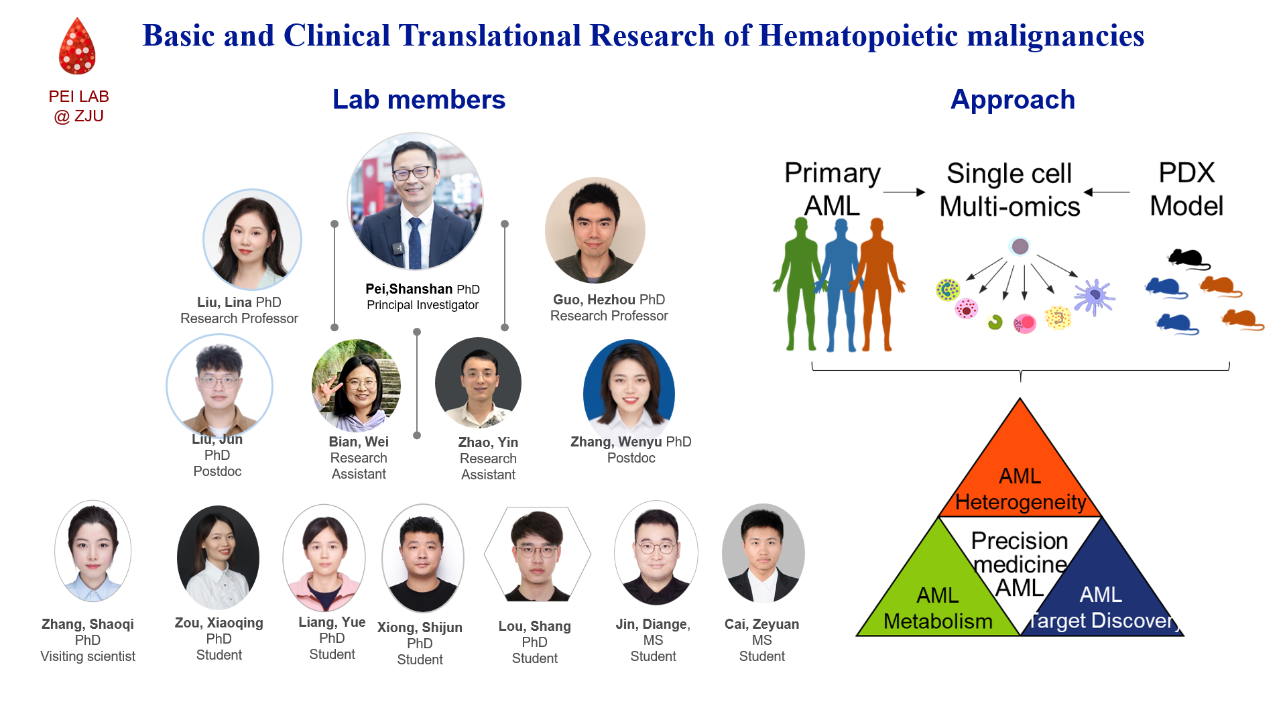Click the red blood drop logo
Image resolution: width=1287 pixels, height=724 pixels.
(x=77, y=46)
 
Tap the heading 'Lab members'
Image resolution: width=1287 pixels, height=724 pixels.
(x=419, y=100)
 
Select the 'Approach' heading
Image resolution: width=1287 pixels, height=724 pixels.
(x=1013, y=100)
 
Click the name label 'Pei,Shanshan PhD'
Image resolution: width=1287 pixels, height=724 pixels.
(x=422, y=289)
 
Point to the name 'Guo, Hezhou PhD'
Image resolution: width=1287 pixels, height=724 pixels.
(x=609, y=300)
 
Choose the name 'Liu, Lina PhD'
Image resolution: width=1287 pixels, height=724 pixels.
(x=239, y=302)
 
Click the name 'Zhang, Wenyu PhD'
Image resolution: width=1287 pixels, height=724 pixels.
(x=631, y=442)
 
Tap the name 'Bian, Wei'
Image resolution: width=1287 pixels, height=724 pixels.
(x=359, y=442)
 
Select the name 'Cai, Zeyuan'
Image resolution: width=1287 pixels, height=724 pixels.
(x=761, y=624)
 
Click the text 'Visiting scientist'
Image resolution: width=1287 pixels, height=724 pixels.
(x=88, y=656)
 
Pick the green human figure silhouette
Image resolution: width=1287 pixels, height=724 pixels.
(x=798, y=284)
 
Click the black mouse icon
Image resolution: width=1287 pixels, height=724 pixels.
(x=1188, y=259)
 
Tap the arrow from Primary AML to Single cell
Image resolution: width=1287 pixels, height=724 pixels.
(x=904, y=192)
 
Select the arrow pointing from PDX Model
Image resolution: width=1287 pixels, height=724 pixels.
(x=1107, y=192)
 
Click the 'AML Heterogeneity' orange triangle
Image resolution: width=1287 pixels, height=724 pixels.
(x=1020, y=469)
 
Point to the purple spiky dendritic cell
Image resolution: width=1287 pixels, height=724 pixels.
(x=1094, y=296)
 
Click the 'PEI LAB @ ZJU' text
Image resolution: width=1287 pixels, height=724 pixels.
(x=78, y=106)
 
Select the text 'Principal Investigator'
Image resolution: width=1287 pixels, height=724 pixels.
(x=422, y=305)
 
